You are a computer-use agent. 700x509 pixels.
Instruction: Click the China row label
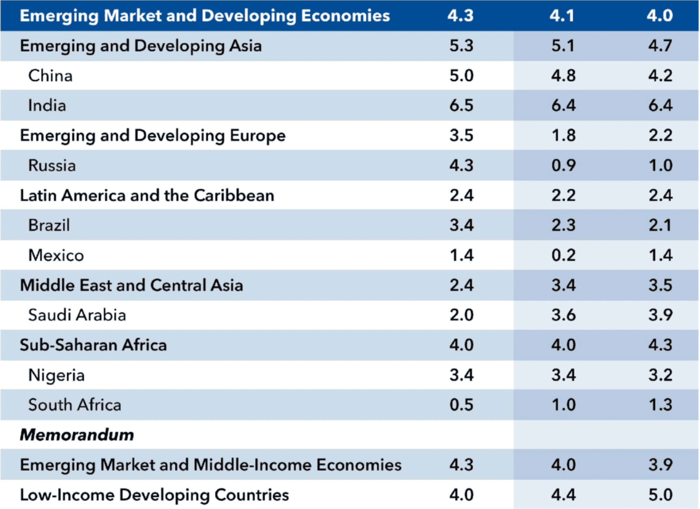(x=50, y=76)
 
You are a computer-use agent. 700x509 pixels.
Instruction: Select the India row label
(x=47, y=105)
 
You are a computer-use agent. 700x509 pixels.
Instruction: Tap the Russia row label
(x=52, y=165)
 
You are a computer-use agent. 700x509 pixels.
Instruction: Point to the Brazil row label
(x=49, y=225)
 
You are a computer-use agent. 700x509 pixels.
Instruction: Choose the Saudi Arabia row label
(x=77, y=315)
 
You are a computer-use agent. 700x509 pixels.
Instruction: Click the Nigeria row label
(x=56, y=375)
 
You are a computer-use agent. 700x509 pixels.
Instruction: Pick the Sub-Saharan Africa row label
(x=93, y=345)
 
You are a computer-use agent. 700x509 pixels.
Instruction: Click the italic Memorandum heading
(x=77, y=435)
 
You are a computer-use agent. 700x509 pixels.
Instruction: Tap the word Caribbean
(x=234, y=195)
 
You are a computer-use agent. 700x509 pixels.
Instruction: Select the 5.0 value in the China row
(x=462, y=76)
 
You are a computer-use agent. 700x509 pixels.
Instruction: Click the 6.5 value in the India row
(x=462, y=105)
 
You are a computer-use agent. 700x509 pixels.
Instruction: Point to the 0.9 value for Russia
(x=563, y=165)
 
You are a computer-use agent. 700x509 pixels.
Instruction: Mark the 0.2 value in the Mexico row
(x=563, y=255)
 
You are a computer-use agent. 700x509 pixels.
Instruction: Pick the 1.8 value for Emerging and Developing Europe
(x=563, y=136)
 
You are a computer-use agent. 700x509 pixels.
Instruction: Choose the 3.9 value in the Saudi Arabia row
(x=660, y=315)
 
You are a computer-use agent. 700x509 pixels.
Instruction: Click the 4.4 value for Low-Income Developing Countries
(x=563, y=495)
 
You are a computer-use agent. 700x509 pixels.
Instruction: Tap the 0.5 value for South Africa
(x=462, y=405)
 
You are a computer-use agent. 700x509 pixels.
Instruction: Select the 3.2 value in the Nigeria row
(x=660, y=375)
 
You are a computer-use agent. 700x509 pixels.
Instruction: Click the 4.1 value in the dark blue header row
(x=562, y=16)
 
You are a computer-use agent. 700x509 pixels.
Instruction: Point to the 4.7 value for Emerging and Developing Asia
(x=660, y=45)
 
